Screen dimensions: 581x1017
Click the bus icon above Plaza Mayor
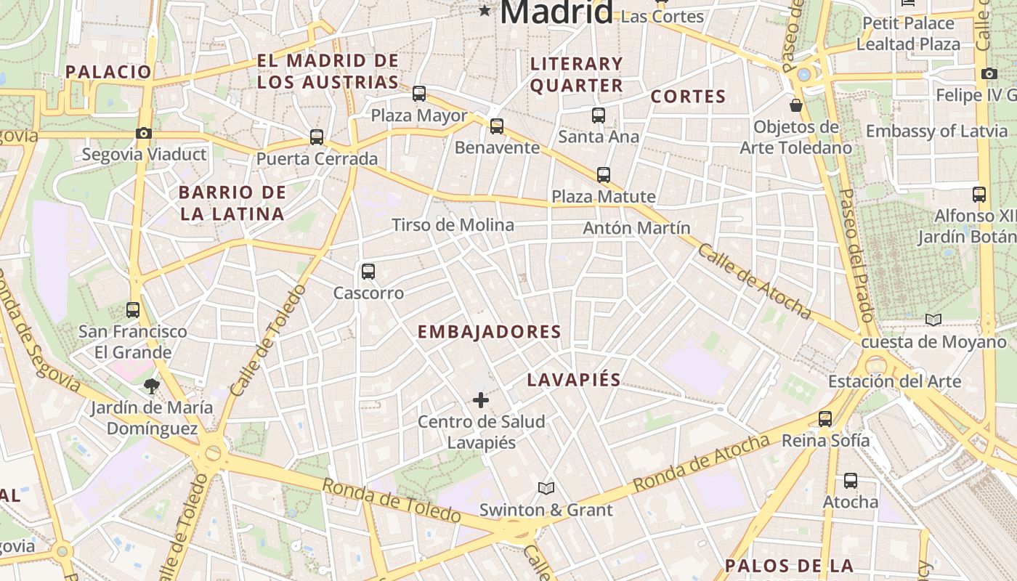[419, 94]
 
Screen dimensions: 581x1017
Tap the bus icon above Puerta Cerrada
[317, 137]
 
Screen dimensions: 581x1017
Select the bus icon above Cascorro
[368, 272]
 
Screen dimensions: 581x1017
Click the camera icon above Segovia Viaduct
[144, 133]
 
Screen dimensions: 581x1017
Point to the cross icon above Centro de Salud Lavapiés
[481, 400]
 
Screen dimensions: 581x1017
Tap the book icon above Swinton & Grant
[546, 488]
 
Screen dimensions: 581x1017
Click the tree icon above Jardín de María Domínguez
[152, 386]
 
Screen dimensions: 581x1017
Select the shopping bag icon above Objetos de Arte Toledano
[796, 105]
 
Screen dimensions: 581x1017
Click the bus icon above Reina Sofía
[825, 419]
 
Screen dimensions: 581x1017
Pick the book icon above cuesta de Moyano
[933, 320]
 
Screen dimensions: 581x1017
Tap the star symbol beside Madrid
[485, 10]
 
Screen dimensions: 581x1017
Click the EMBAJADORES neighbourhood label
[490, 332]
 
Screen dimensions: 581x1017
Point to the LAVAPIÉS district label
[574, 379]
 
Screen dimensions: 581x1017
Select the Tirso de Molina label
[453, 225]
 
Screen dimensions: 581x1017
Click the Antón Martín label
[637, 228]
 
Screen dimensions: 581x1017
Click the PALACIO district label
[108, 72]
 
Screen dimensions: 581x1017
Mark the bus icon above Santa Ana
[599, 115]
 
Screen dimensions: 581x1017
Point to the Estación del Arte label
[905, 381]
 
